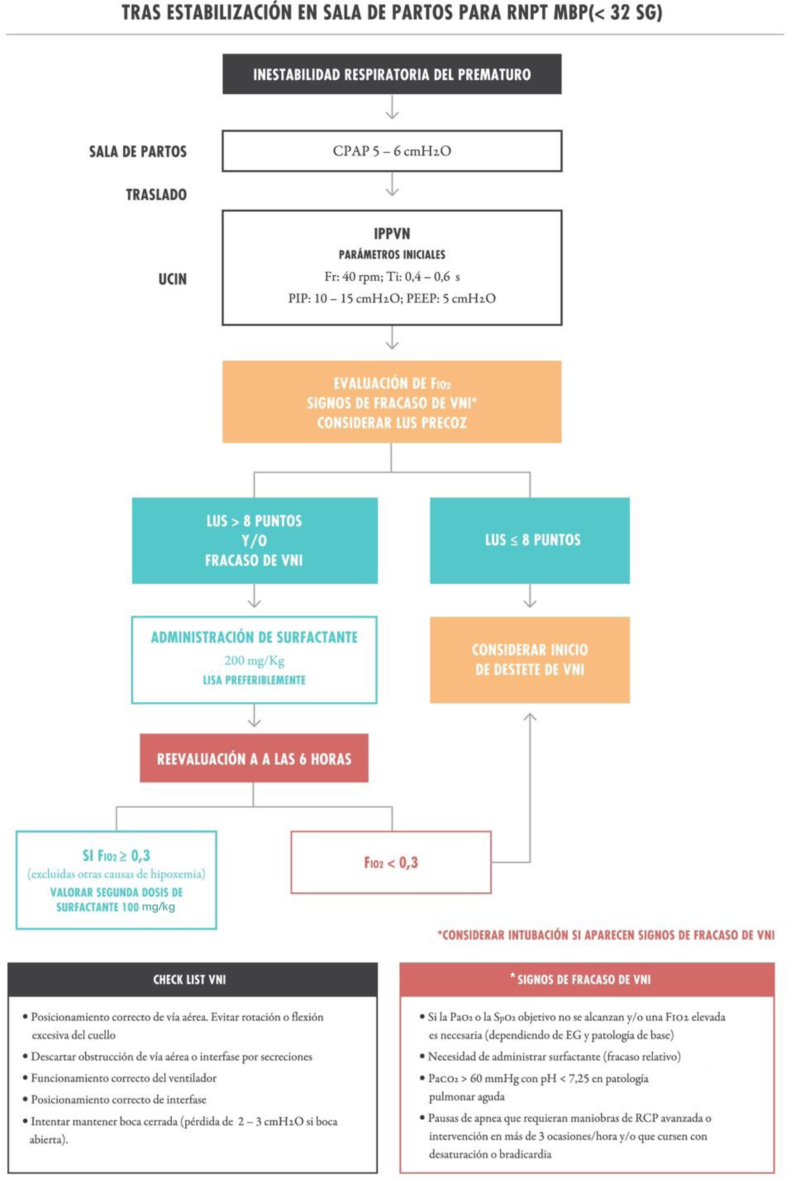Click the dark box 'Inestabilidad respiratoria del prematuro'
392,74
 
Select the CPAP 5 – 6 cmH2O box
392,151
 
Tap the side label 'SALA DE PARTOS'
138,152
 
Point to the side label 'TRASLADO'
156,195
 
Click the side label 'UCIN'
173,279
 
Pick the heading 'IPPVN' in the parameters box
392,234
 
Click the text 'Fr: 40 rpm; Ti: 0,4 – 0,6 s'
392,277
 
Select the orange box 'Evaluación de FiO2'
392,402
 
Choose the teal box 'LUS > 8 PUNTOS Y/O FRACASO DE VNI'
255,540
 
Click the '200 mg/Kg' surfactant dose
255,660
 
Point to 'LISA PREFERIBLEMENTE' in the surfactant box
255,680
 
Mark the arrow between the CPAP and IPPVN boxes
392,184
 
